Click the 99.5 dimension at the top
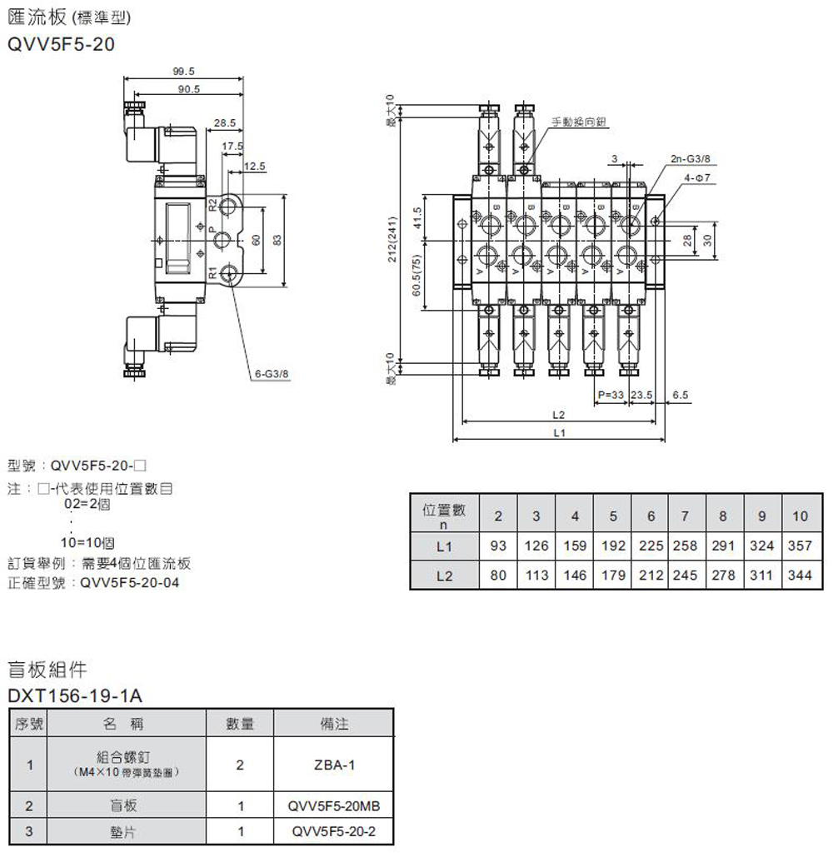[183, 71]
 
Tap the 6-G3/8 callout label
[272, 374]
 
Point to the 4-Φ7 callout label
[696, 177]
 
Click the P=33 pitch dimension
[611, 395]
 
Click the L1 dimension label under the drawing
[558, 433]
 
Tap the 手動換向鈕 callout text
[579, 122]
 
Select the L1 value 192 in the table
[613, 547]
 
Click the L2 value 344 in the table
[800, 575]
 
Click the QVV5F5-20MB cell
[334, 806]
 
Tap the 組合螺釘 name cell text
[125, 757]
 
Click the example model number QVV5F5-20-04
[129, 583]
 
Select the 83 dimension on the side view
[277, 239]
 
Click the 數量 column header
[240, 725]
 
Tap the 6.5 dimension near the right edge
[679, 395]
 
